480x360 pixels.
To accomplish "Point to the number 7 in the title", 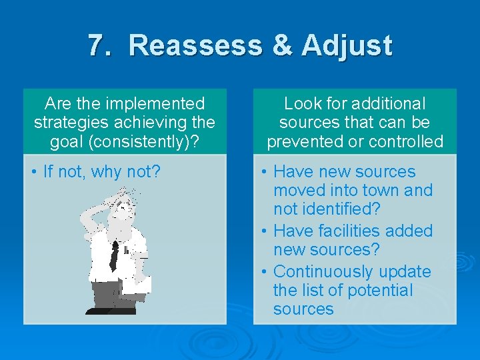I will tap(97, 45).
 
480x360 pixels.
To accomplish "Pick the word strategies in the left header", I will tap(69, 123).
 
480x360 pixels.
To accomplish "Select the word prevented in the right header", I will tap(305, 141).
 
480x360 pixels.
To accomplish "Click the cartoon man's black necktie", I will tap(115, 255).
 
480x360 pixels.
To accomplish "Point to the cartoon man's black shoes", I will tap(107, 309).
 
